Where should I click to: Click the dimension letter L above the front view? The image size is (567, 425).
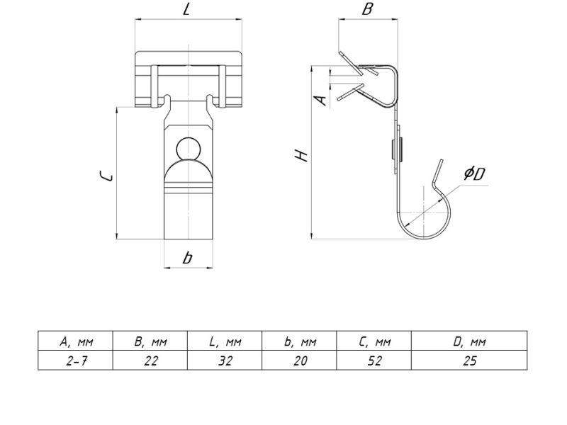pos(186,9)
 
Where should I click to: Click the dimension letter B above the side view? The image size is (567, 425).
pos(367,9)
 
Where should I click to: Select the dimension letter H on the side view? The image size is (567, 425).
pos(301,155)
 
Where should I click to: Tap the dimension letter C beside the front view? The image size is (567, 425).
pos(107,176)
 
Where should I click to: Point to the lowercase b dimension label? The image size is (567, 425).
pos(187,258)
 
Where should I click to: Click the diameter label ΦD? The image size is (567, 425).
pos(475,174)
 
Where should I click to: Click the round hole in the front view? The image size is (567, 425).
pos(189,148)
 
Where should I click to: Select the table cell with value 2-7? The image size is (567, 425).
pos(76,361)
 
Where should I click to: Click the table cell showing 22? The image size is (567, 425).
pos(150,361)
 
